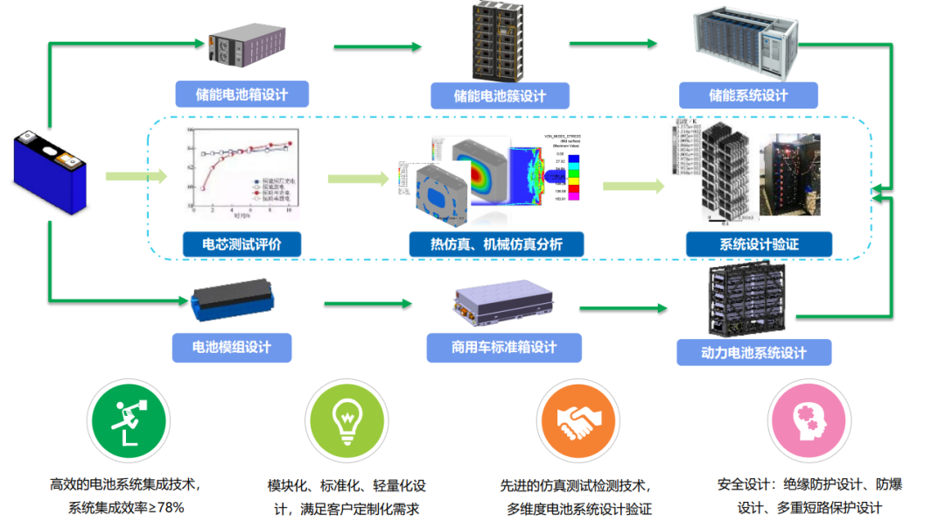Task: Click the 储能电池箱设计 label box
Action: [x=241, y=95]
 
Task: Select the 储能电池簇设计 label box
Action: [x=500, y=95]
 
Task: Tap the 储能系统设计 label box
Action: [x=748, y=95]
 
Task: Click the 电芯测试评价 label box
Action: [x=241, y=244]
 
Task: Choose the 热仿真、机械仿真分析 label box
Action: [x=495, y=244]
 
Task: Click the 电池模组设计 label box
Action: [x=232, y=347]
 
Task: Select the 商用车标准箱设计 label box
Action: [x=504, y=348]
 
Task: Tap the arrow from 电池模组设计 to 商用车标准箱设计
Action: [x=367, y=304]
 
